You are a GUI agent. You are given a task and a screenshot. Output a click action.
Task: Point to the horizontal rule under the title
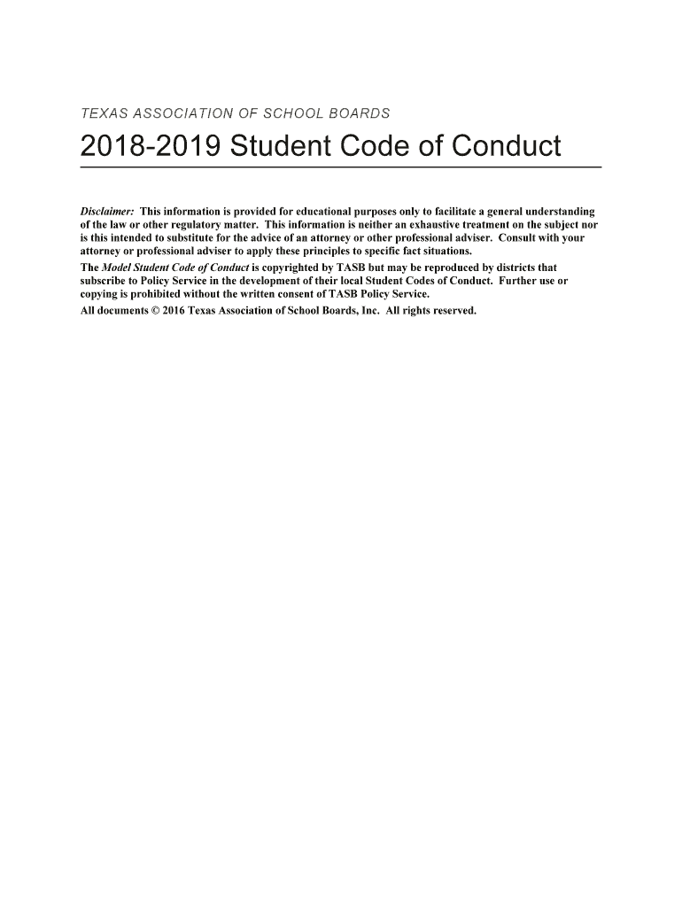click(x=341, y=167)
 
